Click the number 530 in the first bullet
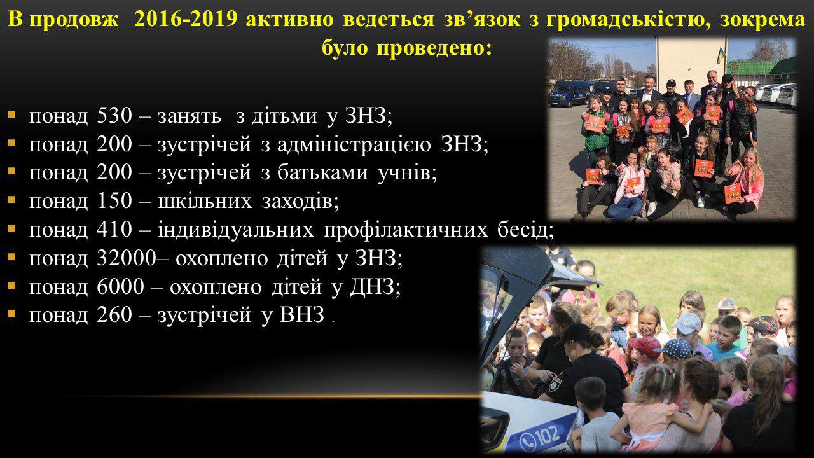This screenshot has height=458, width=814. pos(114,116)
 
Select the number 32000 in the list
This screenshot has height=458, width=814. pos(126,258)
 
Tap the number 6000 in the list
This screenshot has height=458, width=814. pos(120,287)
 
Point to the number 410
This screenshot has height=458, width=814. pos(114,230)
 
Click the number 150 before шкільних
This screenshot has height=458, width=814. pos(114,201)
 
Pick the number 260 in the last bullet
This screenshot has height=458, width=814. pos(114,315)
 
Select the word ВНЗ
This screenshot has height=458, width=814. pos(301,315)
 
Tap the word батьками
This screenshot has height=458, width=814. pos(322,172)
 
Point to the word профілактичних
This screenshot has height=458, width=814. pos(406,230)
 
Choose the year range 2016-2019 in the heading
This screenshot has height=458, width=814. pos(185,20)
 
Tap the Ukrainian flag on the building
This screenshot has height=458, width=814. pos(721,55)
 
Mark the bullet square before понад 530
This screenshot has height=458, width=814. pos(11,115)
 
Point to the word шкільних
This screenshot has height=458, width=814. pos(205,201)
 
